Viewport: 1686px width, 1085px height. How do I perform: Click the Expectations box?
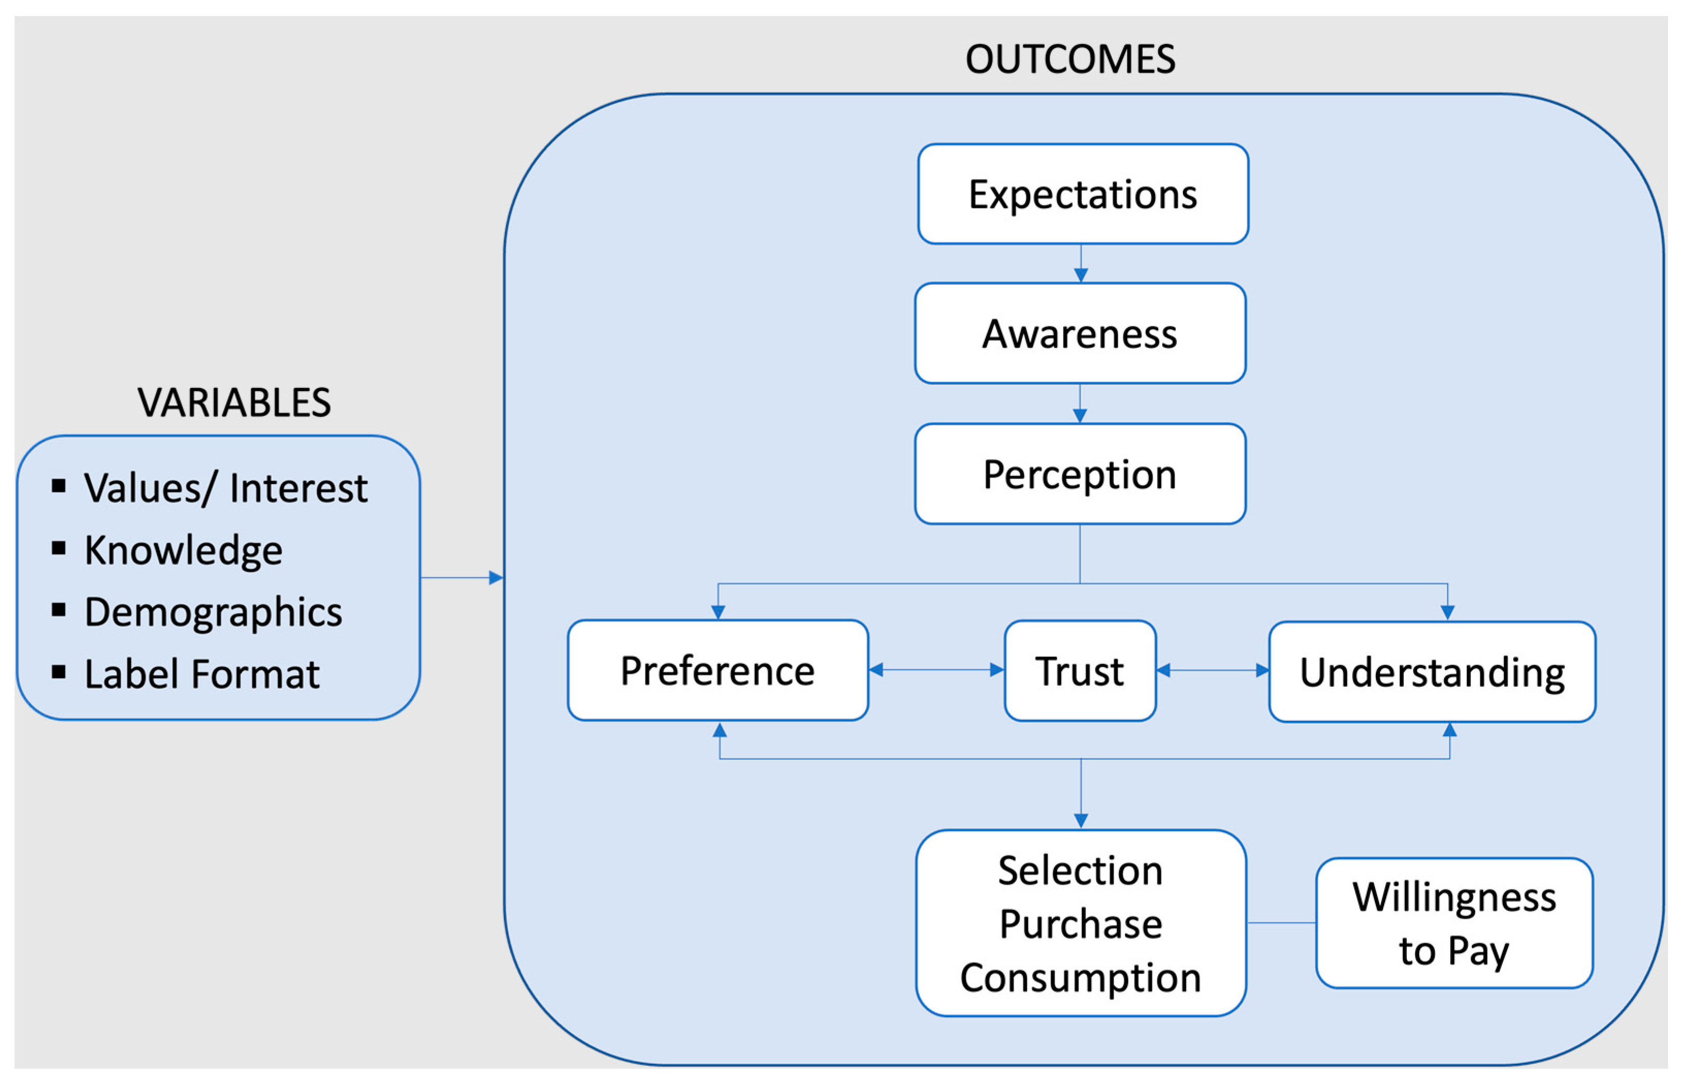[x=1082, y=195]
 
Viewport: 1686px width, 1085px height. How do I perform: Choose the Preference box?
[x=717, y=670]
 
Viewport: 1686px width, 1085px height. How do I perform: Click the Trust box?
[x=1079, y=671]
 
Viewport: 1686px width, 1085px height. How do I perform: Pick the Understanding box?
[x=1432, y=672]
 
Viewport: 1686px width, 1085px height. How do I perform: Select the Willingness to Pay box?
[x=1453, y=923]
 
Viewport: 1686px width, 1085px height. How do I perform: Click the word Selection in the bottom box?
[x=1080, y=871]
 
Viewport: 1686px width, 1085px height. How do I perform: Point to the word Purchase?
[x=1080, y=925]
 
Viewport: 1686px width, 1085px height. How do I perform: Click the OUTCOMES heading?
[x=1069, y=59]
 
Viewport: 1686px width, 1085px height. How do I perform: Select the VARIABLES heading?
[x=234, y=403]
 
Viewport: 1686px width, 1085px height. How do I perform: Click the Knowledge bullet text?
[x=183, y=550]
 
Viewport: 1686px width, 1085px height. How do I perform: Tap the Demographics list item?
[x=213, y=612]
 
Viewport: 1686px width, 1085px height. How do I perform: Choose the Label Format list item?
[x=202, y=674]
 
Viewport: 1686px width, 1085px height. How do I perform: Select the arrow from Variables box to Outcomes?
[x=462, y=578]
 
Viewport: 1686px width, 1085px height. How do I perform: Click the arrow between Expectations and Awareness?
[x=1080, y=264]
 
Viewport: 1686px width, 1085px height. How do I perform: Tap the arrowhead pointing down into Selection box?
[x=1081, y=821]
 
